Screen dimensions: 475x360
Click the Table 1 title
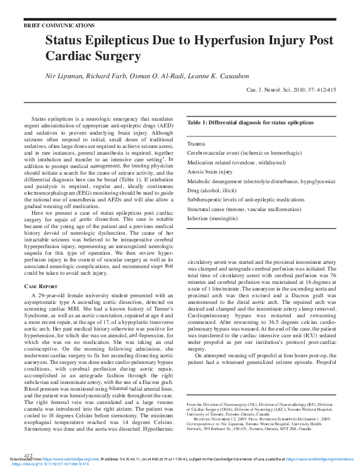[x=250, y=123]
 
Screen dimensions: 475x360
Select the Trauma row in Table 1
[x=196, y=144]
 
